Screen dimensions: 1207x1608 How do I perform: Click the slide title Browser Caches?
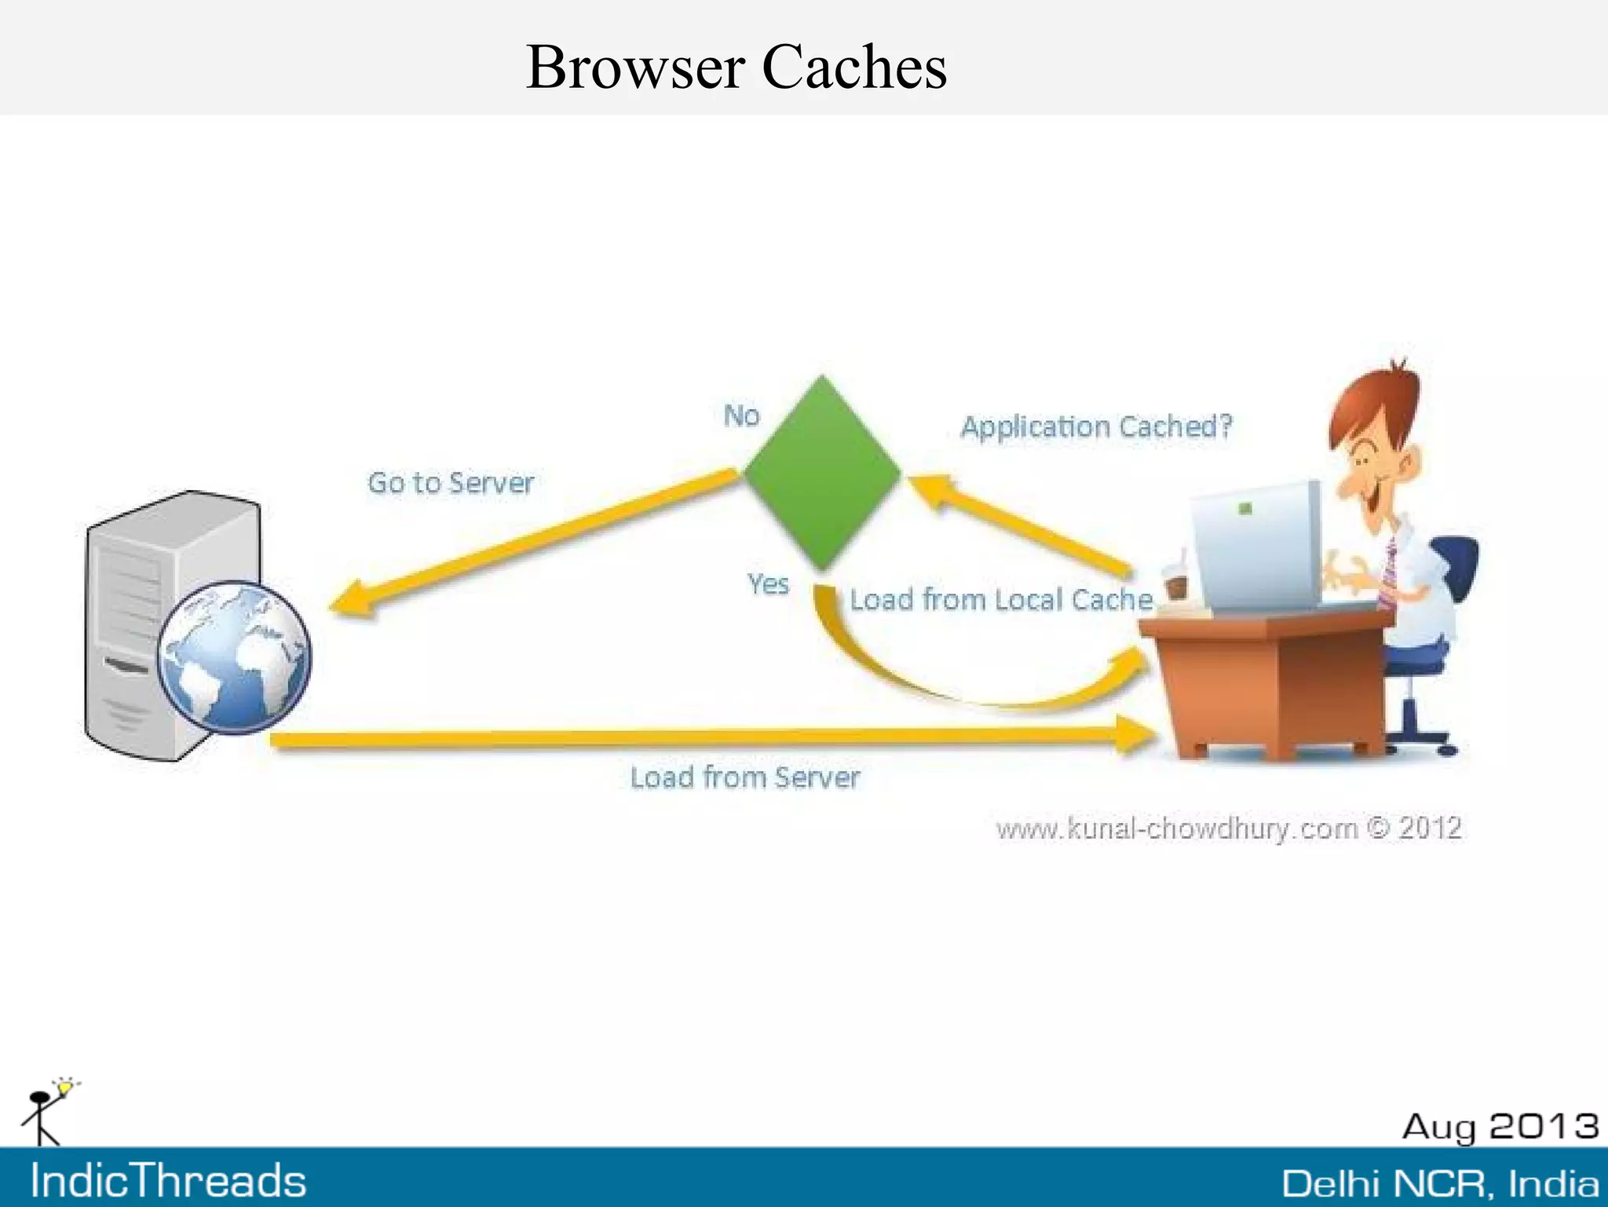(736, 67)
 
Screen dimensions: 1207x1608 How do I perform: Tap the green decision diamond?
(822, 472)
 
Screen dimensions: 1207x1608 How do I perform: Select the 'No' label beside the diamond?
(741, 415)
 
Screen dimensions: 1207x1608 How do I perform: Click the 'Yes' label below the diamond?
(768, 584)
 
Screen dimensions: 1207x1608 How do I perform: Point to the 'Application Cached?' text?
(1096, 426)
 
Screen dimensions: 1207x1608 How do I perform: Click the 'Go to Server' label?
(451, 482)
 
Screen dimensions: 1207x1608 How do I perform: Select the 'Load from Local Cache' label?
(1001, 600)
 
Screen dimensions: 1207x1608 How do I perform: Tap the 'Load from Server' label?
(745, 777)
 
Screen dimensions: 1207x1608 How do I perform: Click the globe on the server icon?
(234, 657)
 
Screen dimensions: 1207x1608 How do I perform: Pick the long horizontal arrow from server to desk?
(707, 737)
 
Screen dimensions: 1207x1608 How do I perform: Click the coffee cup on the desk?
(1175, 585)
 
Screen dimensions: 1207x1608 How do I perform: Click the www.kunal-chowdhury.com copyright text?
(1229, 828)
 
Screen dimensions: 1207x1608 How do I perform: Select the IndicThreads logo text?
(168, 1180)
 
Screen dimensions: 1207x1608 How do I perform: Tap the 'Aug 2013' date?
(1500, 1127)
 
